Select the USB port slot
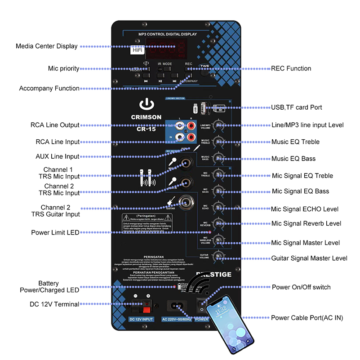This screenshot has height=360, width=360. pyautogui.click(x=203, y=108)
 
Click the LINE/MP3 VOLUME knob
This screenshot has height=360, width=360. pyautogui.click(x=219, y=125)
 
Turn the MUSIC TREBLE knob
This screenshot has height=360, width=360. pyautogui.click(x=219, y=142)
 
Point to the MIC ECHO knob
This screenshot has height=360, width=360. pyautogui.click(x=219, y=207)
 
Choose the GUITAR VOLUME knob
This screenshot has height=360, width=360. pyautogui.click(x=219, y=256)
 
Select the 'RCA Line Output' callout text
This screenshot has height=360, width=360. pyautogui.click(x=55, y=125)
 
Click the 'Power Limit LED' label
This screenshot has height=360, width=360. pyautogui.click(x=55, y=232)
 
